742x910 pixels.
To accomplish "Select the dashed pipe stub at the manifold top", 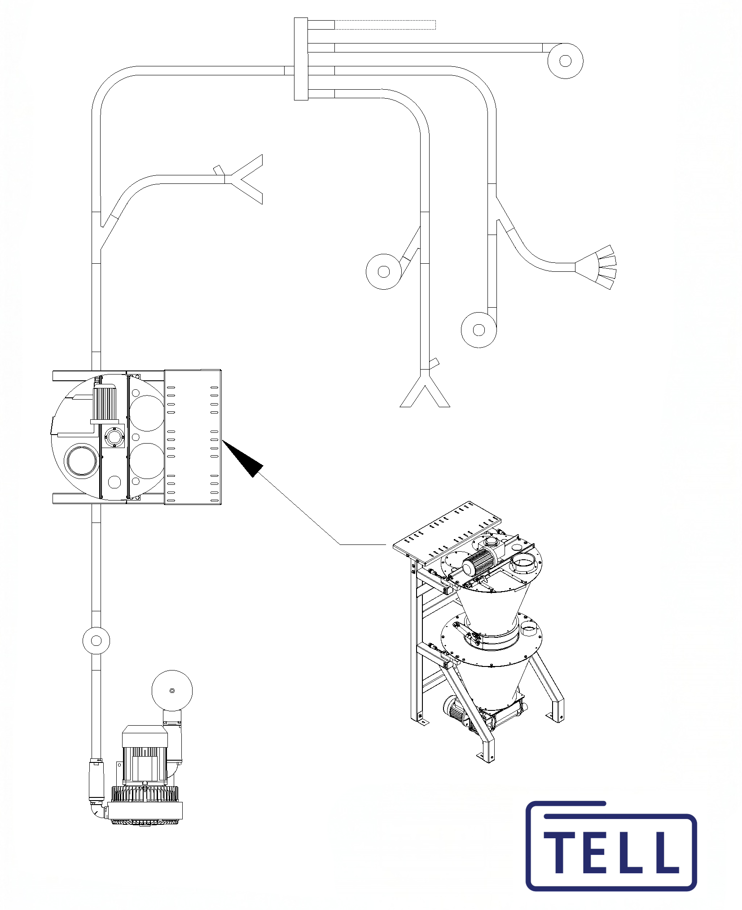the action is point(385,25).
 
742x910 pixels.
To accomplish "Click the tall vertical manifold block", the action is point(301,59).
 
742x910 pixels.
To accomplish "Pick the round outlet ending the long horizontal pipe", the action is point(565,61).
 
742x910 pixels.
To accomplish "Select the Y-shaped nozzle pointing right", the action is point(244,179).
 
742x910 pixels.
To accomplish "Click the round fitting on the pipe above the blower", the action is point(96,640).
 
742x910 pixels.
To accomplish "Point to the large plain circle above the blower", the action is point(172,691).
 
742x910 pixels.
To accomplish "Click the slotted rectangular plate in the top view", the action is point(193,437).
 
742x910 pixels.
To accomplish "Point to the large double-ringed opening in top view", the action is point(81,460).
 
